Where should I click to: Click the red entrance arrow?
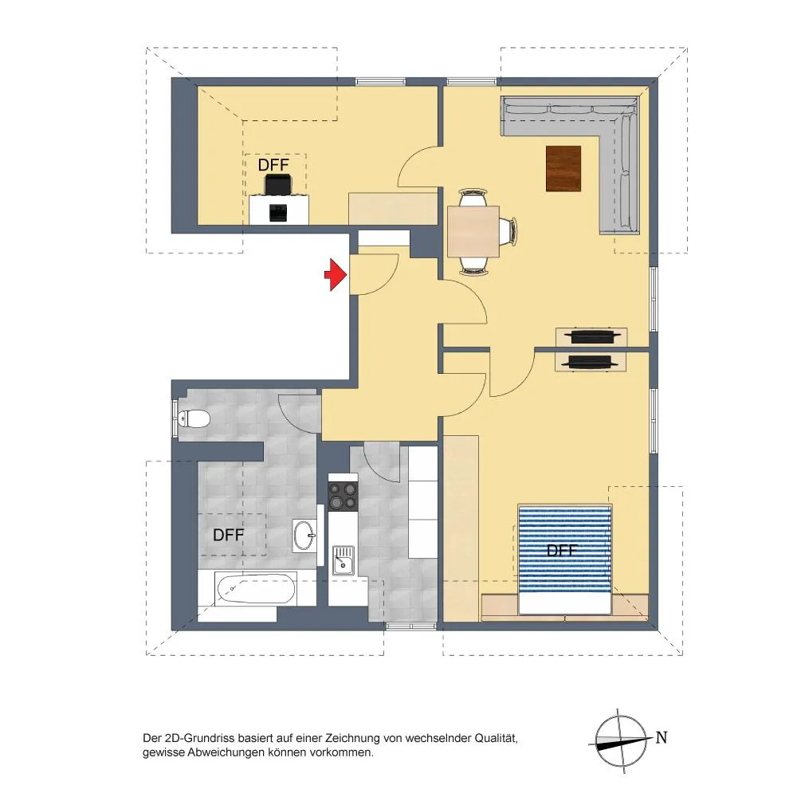tap(336, 274)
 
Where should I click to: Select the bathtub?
tap(256, 589)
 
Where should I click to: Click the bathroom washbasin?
tap(304, 535)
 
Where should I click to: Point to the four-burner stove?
tap(343, 496)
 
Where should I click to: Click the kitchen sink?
tap(344, 560)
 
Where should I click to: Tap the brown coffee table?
tap(563, 168)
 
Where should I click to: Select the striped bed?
tap(564, 559)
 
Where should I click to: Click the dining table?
tap(473, 231)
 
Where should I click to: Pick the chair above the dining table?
tap(473, 197)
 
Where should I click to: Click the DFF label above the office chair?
tap(273, 165)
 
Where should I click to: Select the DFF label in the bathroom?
tap(228, 535)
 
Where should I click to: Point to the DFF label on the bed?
tap(562, 551)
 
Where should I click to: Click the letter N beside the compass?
tap(662, 737)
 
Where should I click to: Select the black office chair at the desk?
tap(278, 184)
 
